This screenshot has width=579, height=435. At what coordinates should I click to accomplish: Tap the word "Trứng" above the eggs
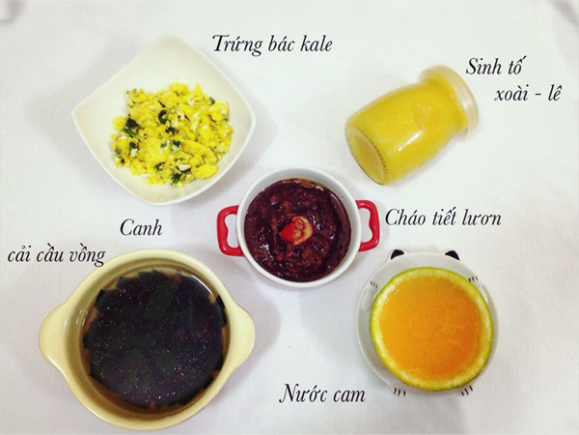click(x=235, y=43)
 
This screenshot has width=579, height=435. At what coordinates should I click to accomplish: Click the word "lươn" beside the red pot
click(x=480, y=218)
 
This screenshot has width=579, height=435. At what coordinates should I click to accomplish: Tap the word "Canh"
click(x=140, y=229)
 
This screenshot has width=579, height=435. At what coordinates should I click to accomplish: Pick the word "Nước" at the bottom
click(x=302, y=393)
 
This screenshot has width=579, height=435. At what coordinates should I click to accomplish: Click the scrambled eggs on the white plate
click(x=171, y=132)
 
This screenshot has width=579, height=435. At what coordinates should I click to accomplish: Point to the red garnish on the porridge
click(x=295, y=230)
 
